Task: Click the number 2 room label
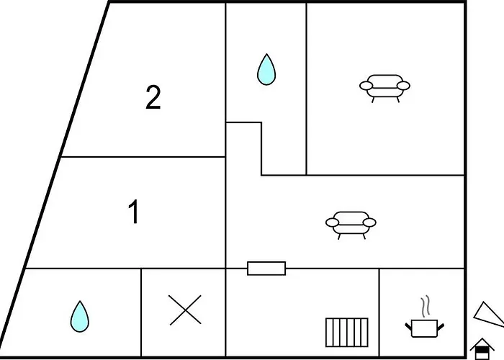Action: (x=153, y=98)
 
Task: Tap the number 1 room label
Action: (x=133, y=213)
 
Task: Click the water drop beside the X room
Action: (x=80, y=316)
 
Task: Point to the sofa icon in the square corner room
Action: (x=384, y=86)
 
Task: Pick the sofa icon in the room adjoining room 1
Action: (x=351, y=223)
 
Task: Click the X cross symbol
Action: (x=185, y=310)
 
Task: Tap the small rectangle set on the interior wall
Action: (x=266, y=269)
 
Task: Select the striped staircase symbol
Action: (x=346, y=333)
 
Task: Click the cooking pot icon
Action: (x=425, y=328)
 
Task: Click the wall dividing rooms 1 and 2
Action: (x=144, y=156)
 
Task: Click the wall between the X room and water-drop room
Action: (x=141, y=313)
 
